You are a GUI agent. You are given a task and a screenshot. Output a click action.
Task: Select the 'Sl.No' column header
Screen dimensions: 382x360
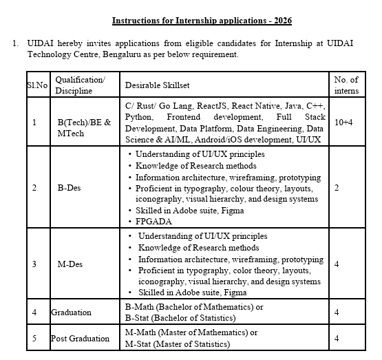[33, 85]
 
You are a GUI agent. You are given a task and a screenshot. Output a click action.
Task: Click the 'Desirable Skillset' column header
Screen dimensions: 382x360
[157, 85]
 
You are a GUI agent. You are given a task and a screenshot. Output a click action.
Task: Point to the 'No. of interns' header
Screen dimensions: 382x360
[346, 85]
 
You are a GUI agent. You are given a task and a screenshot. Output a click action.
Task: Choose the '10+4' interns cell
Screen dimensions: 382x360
[344, 123]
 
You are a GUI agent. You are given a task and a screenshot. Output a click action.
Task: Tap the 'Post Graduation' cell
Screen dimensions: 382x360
[79, 338]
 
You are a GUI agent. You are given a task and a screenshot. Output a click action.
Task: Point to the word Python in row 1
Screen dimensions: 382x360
[140, 118]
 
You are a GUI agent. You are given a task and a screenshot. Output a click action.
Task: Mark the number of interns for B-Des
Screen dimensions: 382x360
[337, 187]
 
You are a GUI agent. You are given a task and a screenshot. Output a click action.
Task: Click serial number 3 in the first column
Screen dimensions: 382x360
[34, 264]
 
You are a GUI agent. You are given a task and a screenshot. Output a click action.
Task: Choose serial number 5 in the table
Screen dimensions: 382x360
[34, 338]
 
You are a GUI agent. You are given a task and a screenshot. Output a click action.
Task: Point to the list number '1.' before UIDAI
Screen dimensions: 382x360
[16, 43]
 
